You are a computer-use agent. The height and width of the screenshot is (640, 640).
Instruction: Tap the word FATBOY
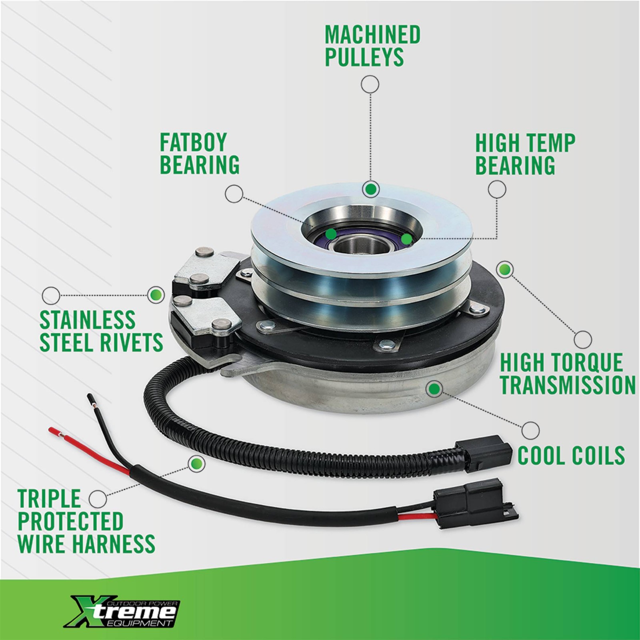point(193,142)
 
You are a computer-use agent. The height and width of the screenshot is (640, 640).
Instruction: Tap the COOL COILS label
point(571,455)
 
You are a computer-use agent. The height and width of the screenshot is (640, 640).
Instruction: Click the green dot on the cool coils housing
point(434,388)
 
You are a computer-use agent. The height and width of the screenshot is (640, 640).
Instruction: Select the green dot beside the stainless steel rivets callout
point(156,295)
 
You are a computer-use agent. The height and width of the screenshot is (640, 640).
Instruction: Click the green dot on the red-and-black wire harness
point(196,464)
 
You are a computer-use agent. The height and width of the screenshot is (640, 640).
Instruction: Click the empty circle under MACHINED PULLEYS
point(370,84)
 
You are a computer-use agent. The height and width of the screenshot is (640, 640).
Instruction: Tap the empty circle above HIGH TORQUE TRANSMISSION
point(583,340)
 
